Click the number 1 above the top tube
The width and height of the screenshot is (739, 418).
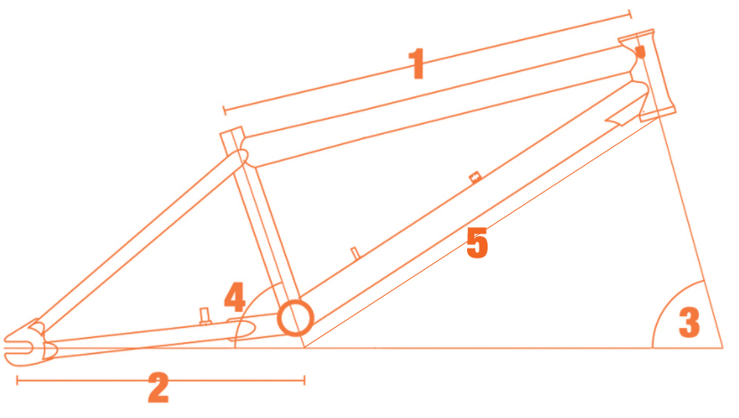tap(417, 63)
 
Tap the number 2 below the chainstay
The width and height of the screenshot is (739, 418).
tap(159, 388)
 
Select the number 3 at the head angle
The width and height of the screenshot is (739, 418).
tap(689, 323)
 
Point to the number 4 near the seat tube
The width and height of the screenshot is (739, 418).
tap(234, 297)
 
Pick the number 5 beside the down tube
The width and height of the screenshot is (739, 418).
tap(477, 242)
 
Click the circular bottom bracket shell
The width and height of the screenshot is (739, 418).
tap(295, 318)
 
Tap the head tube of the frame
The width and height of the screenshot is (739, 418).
tap(647, 76)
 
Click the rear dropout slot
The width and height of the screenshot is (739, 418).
tap(19, 348)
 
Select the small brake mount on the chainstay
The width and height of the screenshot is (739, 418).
tap(204, 316)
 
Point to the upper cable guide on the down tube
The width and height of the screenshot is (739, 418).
tap(475, 177)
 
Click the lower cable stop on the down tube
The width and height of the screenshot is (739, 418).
tap(356, 253)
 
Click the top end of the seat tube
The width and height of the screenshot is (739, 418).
tap(232, 132)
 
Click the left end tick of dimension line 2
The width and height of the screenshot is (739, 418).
tap(17, 380)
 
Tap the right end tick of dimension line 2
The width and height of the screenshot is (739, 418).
tap(305, 380)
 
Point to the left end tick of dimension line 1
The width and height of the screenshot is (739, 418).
tap(225, 111)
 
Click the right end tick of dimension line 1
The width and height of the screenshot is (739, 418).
tap(630, 14)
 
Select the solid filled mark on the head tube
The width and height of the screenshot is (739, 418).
tap(640, 52)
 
